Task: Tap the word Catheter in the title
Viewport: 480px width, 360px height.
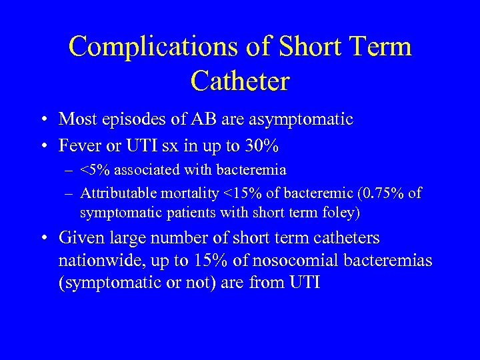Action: click(x=239, y=81)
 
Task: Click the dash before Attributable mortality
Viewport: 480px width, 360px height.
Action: click(x=70, y=194)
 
